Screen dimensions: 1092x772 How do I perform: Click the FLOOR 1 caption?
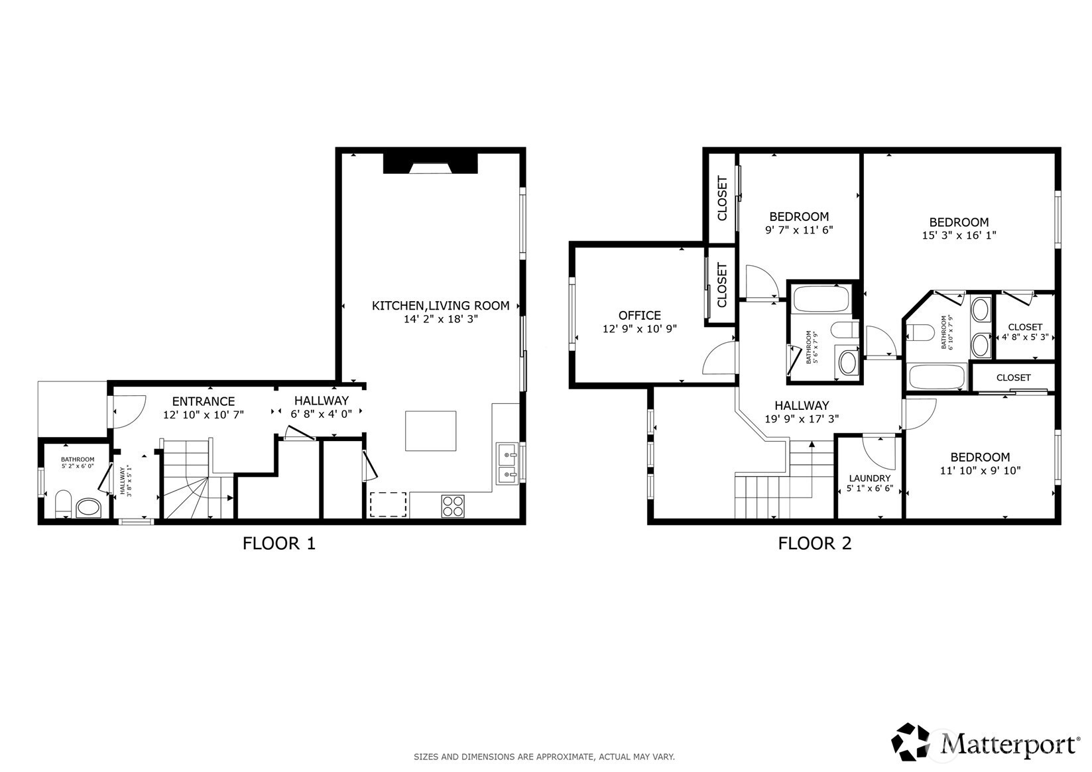[279, 543]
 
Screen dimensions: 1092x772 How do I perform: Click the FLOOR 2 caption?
[815, 543]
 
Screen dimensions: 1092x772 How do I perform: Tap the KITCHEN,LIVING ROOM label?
[441, 306]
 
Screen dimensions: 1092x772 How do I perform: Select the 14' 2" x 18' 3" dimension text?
[441, 320]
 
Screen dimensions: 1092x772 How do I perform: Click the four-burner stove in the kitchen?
[453, 506]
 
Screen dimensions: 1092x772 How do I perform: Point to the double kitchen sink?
[507, 464]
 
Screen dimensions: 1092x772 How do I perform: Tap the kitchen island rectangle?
[430, 430]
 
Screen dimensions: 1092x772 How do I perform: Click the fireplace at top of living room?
[430, 163]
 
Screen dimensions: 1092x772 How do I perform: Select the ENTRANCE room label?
[204, 401]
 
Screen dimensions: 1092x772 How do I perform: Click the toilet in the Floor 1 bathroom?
[63, 504]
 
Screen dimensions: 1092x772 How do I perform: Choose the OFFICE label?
[640, 316]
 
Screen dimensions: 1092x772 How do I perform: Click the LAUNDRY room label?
[870, 478]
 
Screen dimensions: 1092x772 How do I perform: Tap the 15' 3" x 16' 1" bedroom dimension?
[959, 235]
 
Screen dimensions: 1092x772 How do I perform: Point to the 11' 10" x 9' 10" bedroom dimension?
[981, 471]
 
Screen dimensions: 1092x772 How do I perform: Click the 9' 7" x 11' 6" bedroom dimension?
[799, 229]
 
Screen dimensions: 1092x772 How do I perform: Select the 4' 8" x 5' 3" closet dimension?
[1025, 337]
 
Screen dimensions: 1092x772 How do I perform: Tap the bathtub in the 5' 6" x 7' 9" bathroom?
[821, 298]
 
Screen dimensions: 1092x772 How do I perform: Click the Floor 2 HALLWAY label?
[802, 405]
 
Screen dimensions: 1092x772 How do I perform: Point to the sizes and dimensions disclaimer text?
[544, 757]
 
